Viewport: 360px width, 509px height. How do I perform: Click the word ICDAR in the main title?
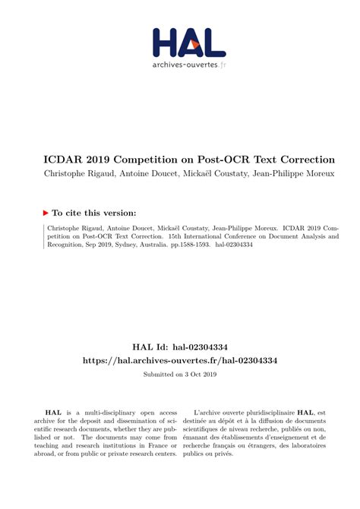click(60, 160)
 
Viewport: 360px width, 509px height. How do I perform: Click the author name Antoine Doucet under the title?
click(150, 174)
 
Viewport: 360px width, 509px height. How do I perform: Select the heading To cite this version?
click(95, 213)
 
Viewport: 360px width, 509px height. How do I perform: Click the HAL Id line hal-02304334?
click(179, 347)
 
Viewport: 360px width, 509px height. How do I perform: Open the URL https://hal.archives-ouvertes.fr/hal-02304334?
click(179, 361)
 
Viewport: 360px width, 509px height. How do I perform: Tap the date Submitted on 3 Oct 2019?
click(179, 375)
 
